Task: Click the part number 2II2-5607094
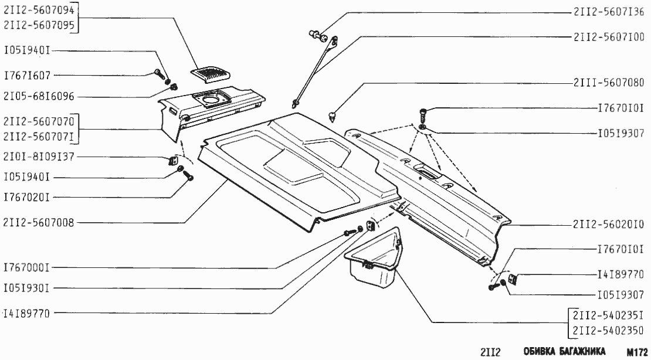pos(39,10)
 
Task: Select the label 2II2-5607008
pos(39,223)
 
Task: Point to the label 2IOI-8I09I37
pos(39,157)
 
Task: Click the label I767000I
pos(27,268)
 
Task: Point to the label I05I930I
pos(27,287)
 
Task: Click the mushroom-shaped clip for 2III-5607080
pos(332,116)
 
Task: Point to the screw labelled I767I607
pos(160,74)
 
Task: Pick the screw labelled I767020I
pos(188,176)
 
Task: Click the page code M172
pos(638,351)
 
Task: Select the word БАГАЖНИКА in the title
pos(581,351)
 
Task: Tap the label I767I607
pos(27,76)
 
